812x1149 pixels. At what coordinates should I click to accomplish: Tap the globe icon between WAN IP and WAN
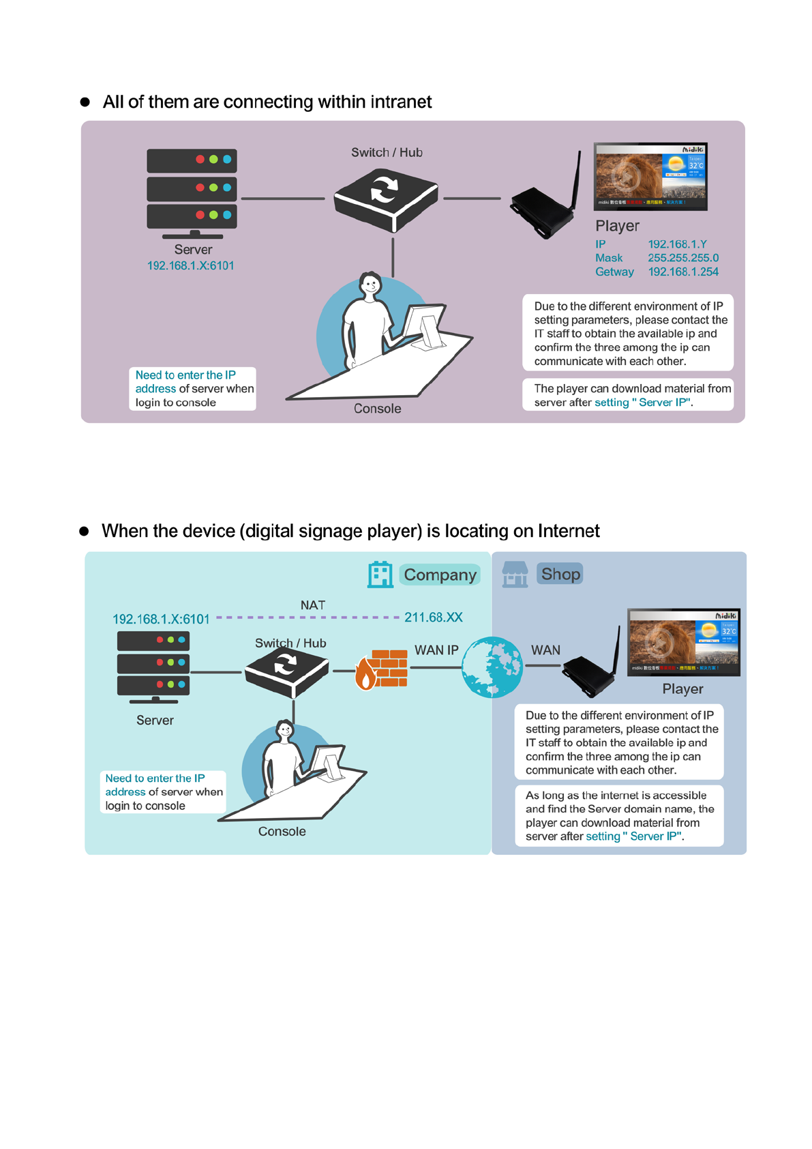[492, 667]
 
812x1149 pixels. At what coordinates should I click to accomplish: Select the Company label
[440, 575]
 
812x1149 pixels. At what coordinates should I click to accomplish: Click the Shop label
[560, 574]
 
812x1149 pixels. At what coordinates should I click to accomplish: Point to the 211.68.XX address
[433, 617]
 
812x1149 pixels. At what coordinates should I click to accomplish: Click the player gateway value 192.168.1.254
[683, 272]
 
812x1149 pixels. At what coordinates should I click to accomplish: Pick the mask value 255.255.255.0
[683, 258]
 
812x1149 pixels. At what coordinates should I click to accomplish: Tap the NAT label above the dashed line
[313, 605]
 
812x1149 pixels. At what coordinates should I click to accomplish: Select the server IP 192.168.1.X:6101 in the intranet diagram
[191, 266]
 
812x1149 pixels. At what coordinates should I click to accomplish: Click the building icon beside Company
[380, 574]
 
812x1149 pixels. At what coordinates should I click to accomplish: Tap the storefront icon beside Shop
[515, 574]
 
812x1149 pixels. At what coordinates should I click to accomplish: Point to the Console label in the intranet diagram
[377, 409]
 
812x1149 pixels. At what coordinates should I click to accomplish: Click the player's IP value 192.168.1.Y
[677, 244]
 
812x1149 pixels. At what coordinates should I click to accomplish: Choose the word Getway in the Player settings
[614, 272]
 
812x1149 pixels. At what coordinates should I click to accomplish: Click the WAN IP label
[436, 650]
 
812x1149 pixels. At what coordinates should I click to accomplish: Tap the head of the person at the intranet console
[370, 284]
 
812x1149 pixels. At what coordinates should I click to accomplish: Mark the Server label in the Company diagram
[155, 721]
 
